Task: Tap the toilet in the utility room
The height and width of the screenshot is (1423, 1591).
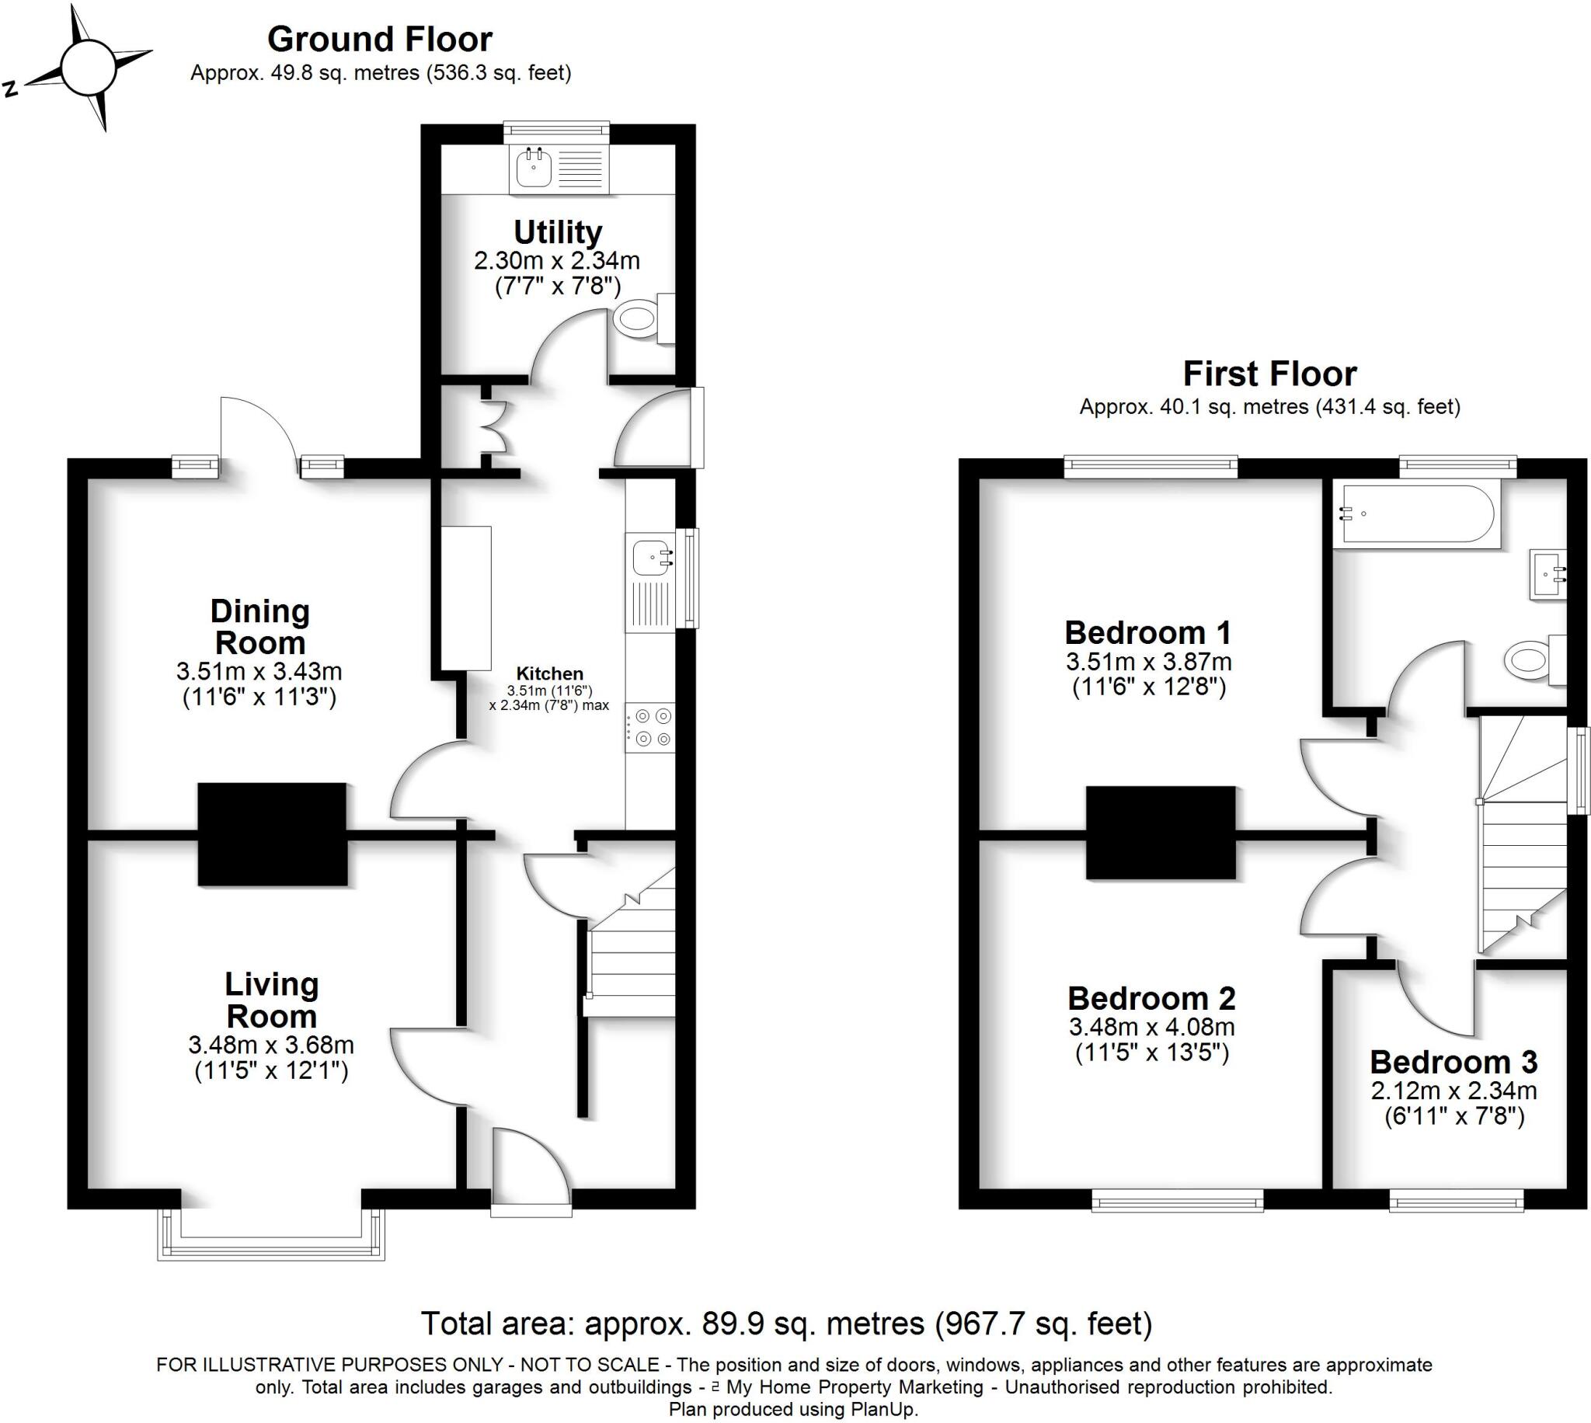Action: pyautogui.click(x=635, y=319)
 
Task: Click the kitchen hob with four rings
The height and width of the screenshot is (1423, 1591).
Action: pyautogui.click(x=651, y=727)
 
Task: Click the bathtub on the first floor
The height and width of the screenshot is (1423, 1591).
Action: pyautogui.click(x=1417, y=513)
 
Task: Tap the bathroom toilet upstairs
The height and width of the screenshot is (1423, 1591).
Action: pyautogui.click(x=1527, y=661)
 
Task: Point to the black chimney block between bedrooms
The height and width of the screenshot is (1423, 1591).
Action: pyautogui.click(x=1160, y=833)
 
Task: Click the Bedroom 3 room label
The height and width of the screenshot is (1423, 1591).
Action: pyautogui.click(x=1453, y=1062)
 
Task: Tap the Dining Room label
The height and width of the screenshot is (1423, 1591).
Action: pyautogui.click(x=259, y=627)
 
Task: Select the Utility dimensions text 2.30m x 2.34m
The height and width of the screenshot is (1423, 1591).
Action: pyautogui.click(x=557, y=260)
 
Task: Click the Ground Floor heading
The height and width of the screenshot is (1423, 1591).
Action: pyautogui.click(x=380, y=39)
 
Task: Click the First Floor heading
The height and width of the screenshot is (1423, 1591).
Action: pyautogui.click(x=1269, y=374)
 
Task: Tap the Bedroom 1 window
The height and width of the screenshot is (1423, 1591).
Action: pyautogui.click(x=1151, y=468)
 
